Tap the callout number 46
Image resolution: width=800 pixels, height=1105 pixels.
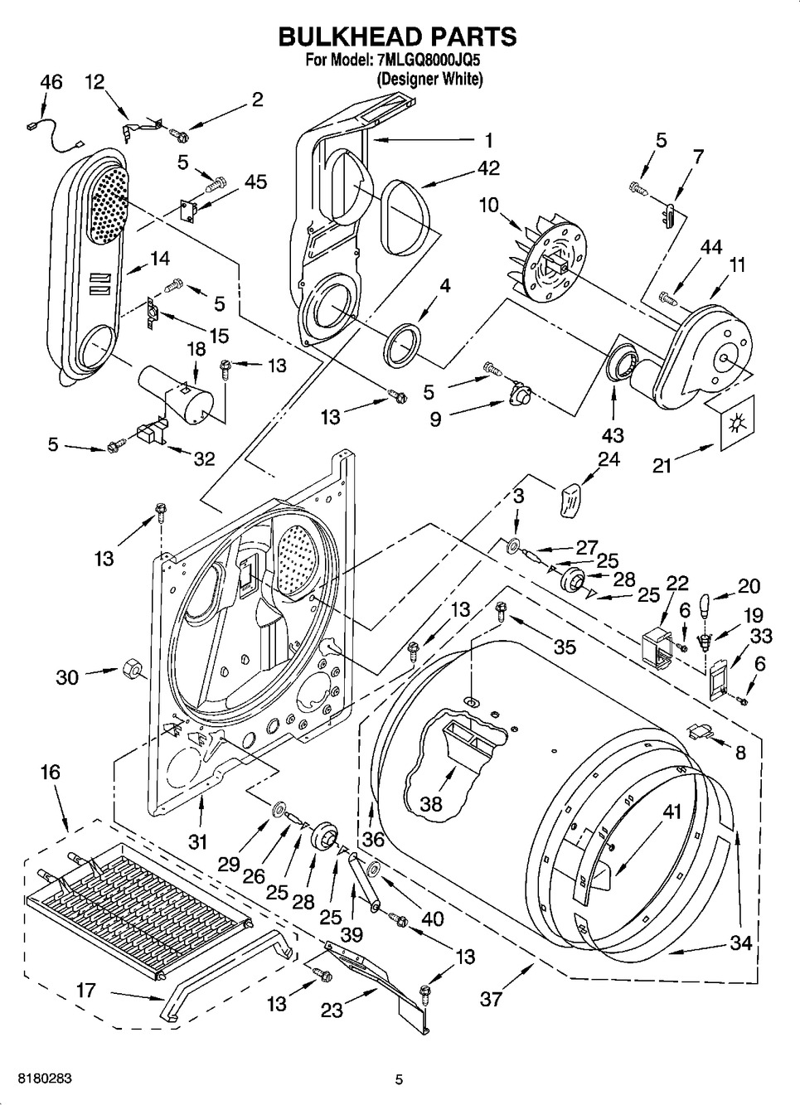click(x=51, y=82)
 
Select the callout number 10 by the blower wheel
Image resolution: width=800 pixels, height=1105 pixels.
click(x=489, y=204)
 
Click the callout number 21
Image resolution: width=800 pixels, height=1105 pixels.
click(x=662, y=467)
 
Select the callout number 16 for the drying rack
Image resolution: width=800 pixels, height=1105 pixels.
click(x=50, y=773)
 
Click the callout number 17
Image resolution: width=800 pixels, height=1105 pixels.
click(x=85, y=991)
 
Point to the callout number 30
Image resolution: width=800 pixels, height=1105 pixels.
click(x=67, y=676)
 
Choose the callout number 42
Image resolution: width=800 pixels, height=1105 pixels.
click(x=489, y=167)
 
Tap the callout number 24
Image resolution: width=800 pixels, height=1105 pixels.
click(x=609, y=459)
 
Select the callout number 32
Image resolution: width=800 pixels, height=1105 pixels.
click(x=204, y=458)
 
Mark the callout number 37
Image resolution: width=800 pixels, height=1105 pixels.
click(x=492, y=999)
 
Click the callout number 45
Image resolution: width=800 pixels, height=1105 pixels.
click(x=256, y=182)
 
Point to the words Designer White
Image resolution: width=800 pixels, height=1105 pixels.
click(x=429, y=80)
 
